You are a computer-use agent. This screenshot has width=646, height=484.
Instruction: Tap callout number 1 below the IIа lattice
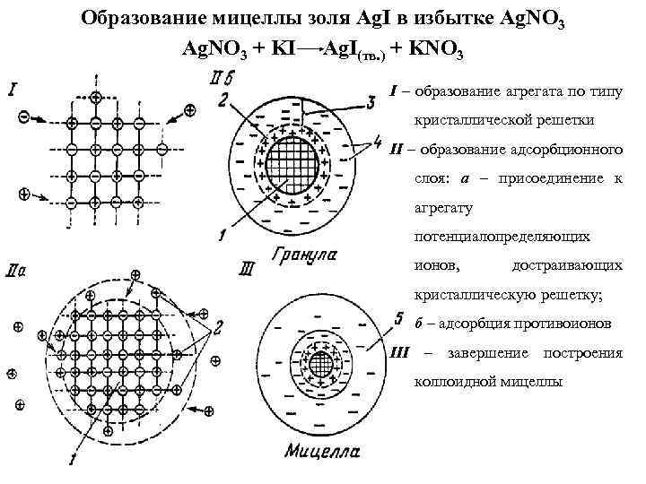tap(72, 461)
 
